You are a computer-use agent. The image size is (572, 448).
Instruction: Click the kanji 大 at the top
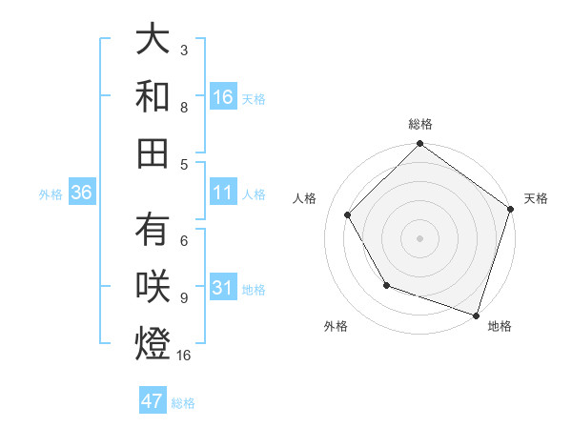(x=153, y=40)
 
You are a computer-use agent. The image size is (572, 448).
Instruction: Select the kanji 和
(x=153, y=95)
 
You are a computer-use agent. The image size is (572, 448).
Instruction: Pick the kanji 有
(x=153, y=231)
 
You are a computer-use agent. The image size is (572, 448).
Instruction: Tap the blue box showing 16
(x=223, y=96)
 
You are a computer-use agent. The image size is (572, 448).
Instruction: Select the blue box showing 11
(x=223, y=193)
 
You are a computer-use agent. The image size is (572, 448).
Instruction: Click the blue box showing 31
(x=223, y=289)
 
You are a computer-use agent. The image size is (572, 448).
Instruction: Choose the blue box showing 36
(x=82, y=193)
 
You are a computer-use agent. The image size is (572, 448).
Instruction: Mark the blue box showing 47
(x=153, y=401)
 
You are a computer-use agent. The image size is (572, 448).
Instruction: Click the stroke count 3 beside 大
(x=184, y=50)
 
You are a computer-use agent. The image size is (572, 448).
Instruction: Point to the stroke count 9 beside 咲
(x=184, y=297)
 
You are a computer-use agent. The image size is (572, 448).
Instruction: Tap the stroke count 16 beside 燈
(x=185, y=355)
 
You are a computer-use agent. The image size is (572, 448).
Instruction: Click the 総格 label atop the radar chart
(x=420, y=124)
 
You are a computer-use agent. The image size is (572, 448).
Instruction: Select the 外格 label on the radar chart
(x=336, y=327)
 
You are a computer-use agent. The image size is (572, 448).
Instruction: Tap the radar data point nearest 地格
(x=476, y=314)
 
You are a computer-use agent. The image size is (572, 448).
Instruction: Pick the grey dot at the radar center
(x=419, y=237)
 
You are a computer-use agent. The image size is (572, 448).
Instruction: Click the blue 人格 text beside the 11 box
(x=254, y=194)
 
